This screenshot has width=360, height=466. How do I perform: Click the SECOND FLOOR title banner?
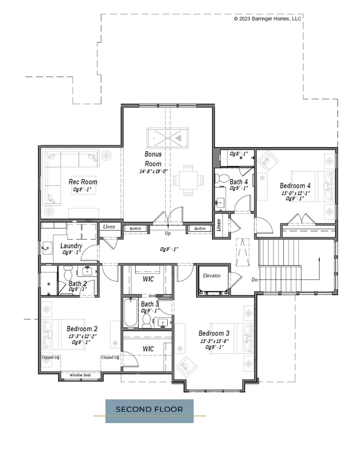149,409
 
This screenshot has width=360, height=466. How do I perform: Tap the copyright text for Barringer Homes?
267,19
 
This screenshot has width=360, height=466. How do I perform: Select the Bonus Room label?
153,159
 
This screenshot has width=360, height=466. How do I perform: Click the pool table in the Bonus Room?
168,138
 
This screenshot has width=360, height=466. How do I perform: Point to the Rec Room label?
83,182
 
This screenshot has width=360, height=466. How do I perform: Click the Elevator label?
212,276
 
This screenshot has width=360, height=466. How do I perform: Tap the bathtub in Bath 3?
131,313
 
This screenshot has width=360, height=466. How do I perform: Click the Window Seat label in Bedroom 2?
80,375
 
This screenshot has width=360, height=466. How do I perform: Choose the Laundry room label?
71,246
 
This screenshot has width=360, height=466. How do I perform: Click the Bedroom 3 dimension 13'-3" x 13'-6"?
214,341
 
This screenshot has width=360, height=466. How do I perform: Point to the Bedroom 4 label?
295,186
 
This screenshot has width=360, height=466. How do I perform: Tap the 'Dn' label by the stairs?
254,280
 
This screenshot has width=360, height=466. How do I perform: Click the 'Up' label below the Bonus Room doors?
168,233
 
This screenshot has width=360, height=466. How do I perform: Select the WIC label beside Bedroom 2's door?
148,349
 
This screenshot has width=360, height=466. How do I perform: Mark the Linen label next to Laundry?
109,227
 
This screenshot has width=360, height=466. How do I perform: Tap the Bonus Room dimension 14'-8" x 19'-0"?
153,171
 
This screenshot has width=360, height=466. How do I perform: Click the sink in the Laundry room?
47,249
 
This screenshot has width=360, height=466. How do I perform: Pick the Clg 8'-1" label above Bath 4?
239,154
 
